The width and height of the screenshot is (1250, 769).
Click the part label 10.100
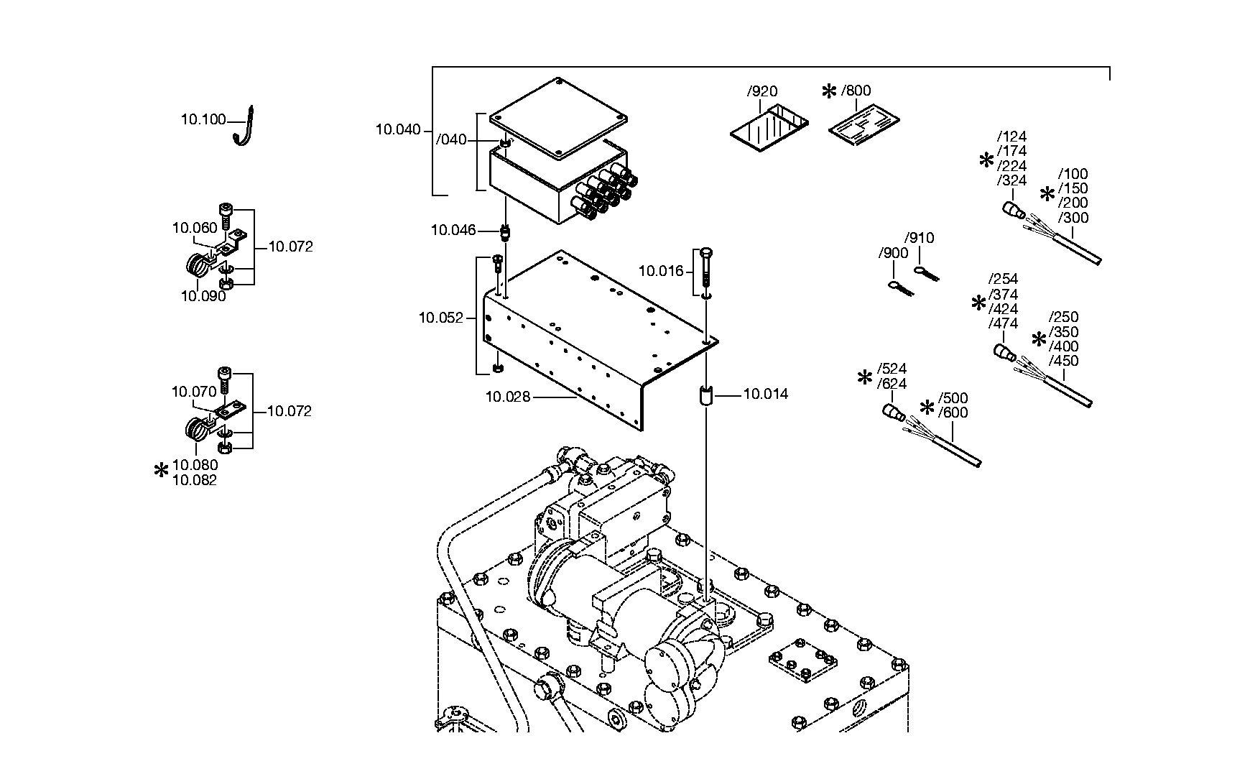pyautogui.click(x=203, y=119)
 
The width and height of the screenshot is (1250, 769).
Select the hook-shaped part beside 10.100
pyautogui.click(x=244, y=126)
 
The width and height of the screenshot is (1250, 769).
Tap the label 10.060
pyautogui.click(x=194, y=228)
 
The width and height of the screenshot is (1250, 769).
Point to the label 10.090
pyautogui.click(x=203, y=296)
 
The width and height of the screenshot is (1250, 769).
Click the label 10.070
pyautogui.click(x=193, y=392)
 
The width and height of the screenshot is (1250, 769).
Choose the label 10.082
pyautogui.click(x=195, y=480)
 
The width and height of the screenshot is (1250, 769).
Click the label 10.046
pyautogui.click(x=453, y=230)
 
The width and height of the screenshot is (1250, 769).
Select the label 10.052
pyautogui.click(x=442, y=317)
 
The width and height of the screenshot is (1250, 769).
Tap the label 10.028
pyautogui.click(x=508, y=396)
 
